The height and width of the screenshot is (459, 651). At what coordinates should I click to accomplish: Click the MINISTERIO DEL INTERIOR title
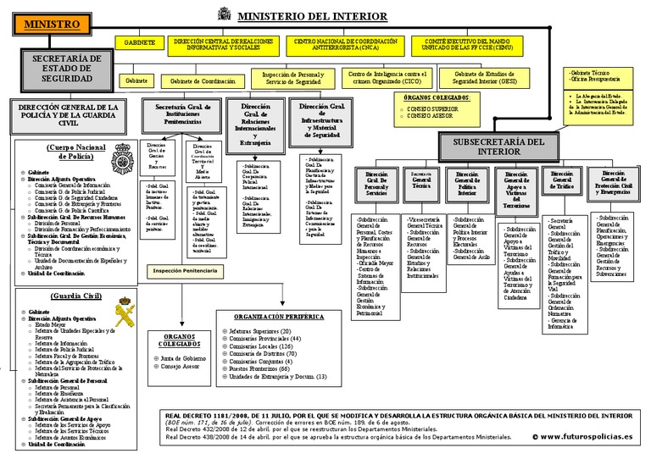tap(313, 17)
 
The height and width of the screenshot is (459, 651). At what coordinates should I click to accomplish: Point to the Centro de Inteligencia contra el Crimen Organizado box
tap(387, 79)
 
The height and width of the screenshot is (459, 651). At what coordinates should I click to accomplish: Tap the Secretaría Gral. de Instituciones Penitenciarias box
tap(183, 113)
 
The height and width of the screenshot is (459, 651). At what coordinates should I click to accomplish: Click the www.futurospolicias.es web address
tap(586, 436)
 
